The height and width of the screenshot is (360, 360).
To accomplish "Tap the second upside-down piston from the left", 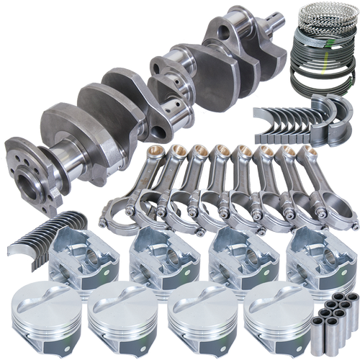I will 156,255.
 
